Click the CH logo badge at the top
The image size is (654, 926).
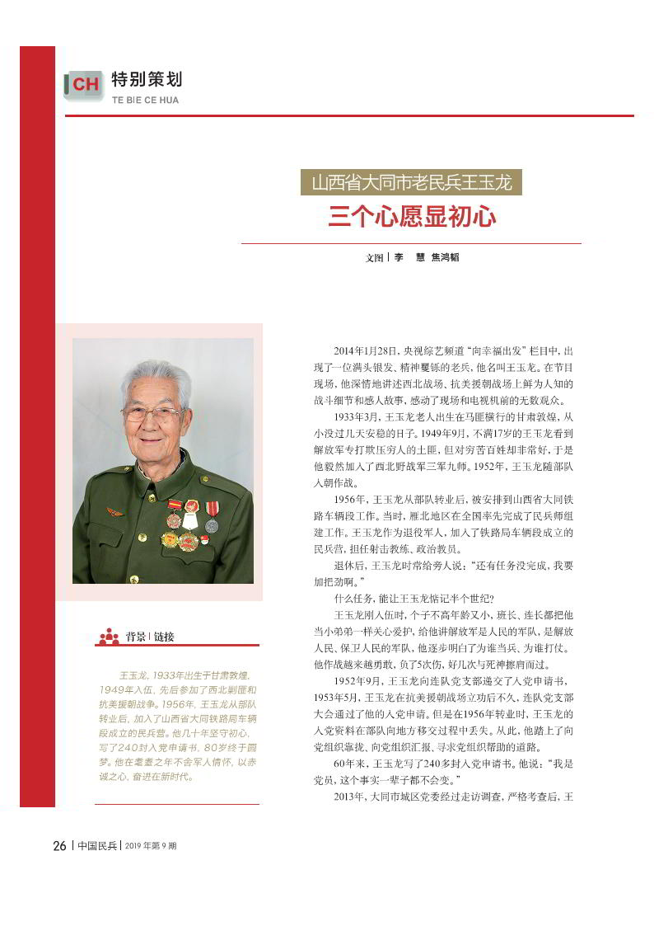pyautogui.click(x=83, y=84)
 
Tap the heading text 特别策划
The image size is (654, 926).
pyautogui.click(x=147, y=80)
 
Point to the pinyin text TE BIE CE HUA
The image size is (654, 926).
pyautogui.click(x=145, y=101)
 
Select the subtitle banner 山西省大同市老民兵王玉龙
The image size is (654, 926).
pyautogui.click(x=411, y=182)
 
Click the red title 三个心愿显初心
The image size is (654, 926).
pyautogui.click(x=411, y=216)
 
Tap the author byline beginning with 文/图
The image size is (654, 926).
pyautogui.click(x=411, y=257)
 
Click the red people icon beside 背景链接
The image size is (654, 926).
pyautogui.click(x=109, y=636)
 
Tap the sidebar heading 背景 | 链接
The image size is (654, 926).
pyautogui.click(x=150, y=637)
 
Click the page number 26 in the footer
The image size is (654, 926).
pyautogui.click(x=59, y=846)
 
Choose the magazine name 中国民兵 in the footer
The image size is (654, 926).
pyautogui.click(x=96, y=846)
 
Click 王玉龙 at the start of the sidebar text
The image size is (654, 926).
pyautogui.click(x=133, y=675)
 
